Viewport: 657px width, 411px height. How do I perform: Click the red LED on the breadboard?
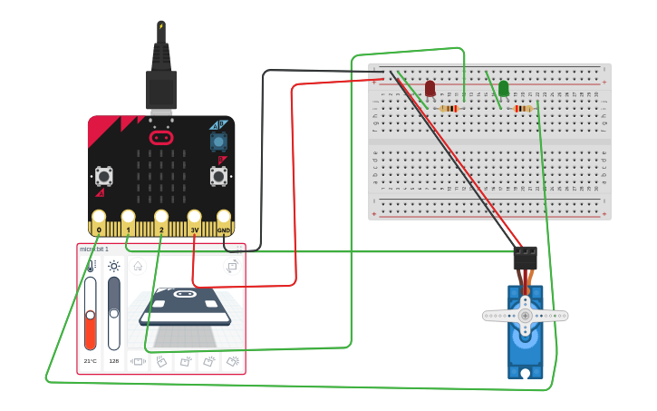(x=430, y=88)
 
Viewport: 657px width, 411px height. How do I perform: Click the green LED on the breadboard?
(x=504, y=88)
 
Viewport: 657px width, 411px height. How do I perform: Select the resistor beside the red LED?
(x=449, y=109)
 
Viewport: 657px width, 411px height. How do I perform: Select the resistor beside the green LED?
(x=523, y=109)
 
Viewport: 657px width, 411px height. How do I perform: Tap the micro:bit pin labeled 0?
(x=99, y=220)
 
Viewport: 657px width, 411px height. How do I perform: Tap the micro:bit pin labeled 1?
(x=129, y=220)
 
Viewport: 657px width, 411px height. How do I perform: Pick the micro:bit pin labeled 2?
(x=161, y=220)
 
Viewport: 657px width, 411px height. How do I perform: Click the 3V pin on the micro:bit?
(x=194, y=220)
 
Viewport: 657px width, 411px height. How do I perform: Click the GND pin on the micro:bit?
(x=223, y=220)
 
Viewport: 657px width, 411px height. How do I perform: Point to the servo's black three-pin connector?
(x=525, y=258)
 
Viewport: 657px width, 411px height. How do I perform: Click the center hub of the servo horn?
(x=525, y=315)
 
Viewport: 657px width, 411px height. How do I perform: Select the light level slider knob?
(x=114, y=313)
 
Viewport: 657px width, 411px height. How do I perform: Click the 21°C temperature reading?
(x=90, y=361)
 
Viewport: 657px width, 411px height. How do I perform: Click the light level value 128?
(x=114, y=361)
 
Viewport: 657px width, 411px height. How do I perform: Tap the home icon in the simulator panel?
(x=138, y=266)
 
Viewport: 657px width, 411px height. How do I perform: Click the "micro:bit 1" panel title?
(x=94, y=249)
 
